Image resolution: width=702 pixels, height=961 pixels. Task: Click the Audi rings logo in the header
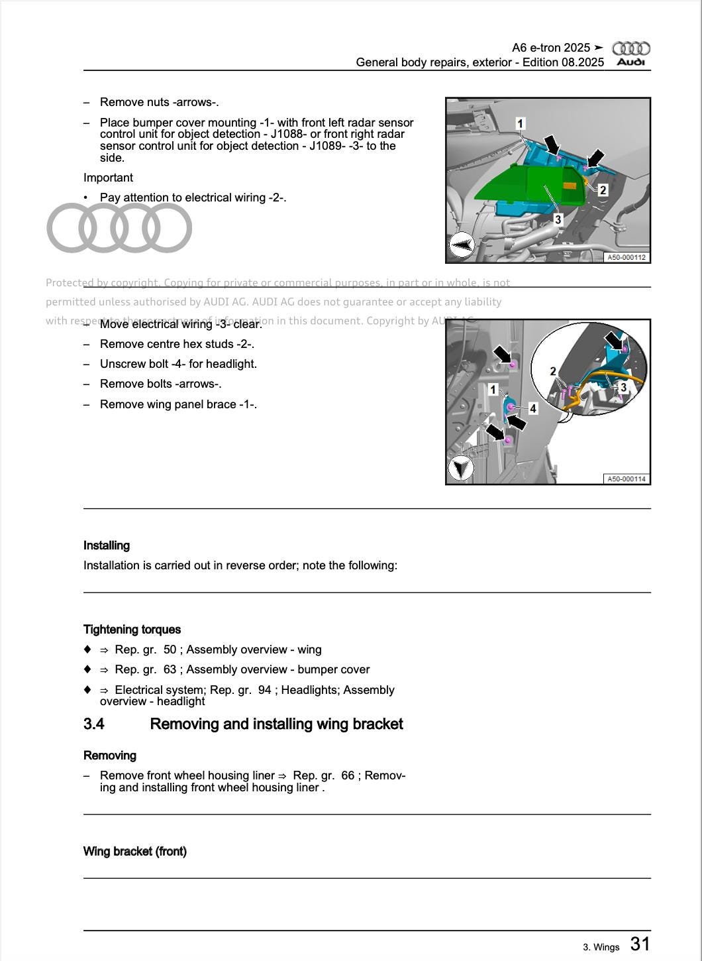(630, 48)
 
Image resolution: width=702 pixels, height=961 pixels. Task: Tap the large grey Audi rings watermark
(119, 228)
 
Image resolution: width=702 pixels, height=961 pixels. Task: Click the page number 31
(639, 944)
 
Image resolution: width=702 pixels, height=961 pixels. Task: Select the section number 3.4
(94, 724)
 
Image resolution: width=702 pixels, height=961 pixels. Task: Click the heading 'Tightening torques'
(132, 630)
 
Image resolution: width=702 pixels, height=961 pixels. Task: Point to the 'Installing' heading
(107, 545)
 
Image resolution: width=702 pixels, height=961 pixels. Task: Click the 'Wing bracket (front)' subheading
(135, 851)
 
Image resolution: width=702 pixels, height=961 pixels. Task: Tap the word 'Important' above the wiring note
(108, 178)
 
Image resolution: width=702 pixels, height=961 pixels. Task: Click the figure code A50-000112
(626, 257)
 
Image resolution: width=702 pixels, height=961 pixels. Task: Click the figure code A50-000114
(626, 479)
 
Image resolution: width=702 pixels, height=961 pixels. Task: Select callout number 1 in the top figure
(520, 123)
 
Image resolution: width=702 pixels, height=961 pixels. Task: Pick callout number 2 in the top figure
(603, 190)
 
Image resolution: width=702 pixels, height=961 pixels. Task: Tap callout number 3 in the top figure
(558, 219)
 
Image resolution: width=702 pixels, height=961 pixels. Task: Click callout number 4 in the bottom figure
(532, 409)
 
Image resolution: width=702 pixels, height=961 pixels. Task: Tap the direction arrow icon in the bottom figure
(460, 469)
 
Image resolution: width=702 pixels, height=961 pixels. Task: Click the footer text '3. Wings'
(601, 947)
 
